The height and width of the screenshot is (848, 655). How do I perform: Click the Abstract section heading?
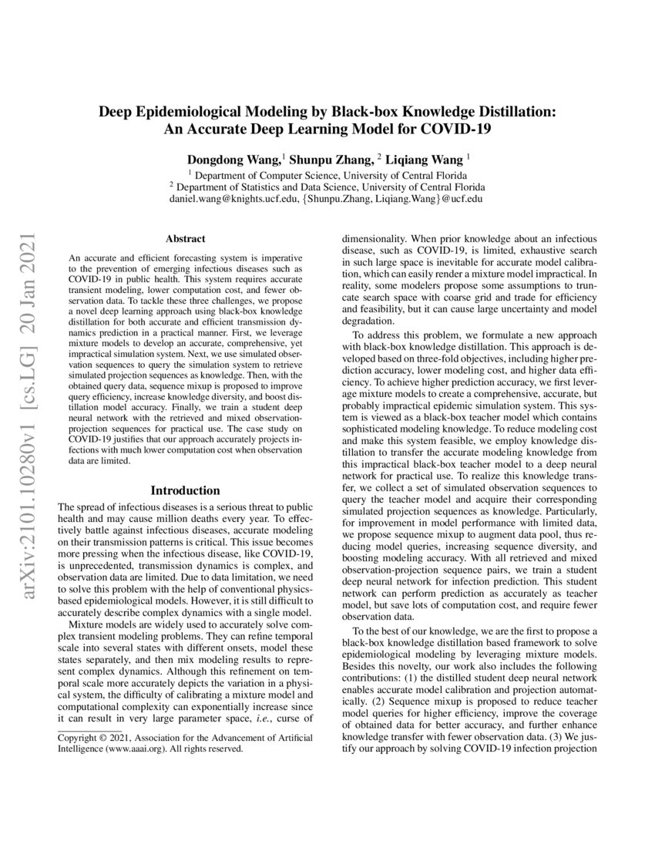[x=185, y=240]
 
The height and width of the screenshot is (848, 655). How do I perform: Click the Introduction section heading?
[x=185, y=490]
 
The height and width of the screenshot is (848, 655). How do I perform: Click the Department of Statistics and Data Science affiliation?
[x=327, y=186]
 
